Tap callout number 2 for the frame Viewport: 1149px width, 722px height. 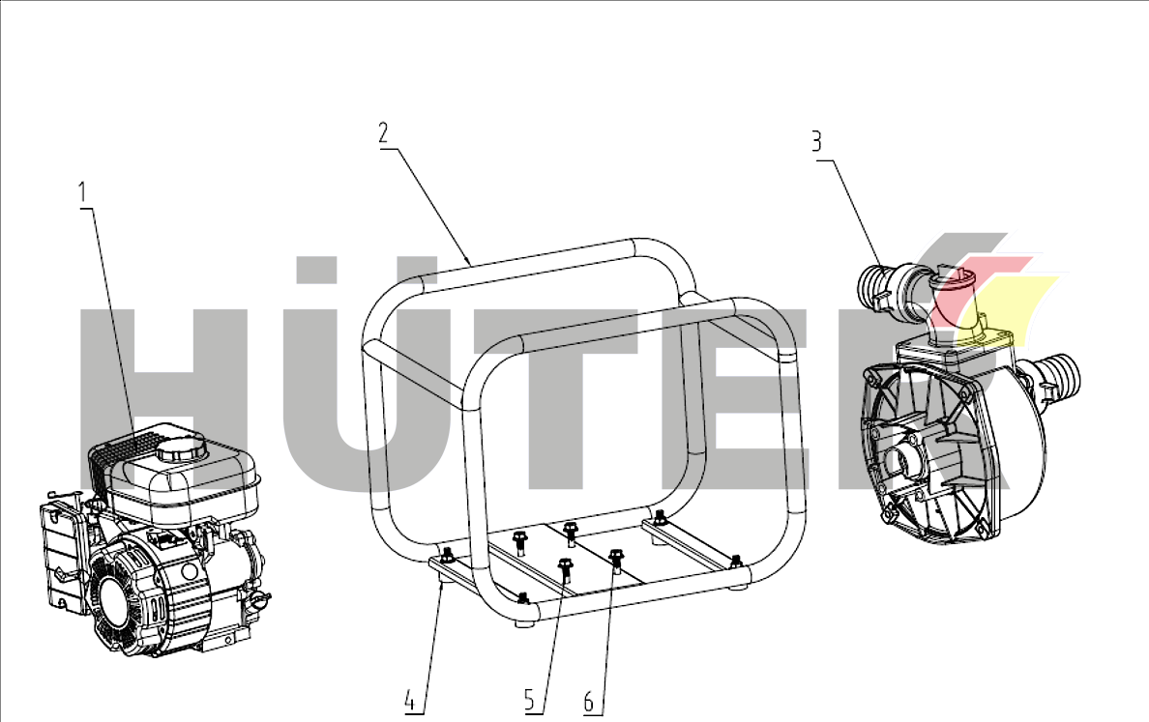[383, 133]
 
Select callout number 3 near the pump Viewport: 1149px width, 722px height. [817, 141]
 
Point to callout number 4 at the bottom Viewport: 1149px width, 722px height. [411, 701]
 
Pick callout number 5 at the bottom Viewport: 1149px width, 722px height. [530, 700]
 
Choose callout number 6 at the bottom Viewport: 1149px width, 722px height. [589, 702]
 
